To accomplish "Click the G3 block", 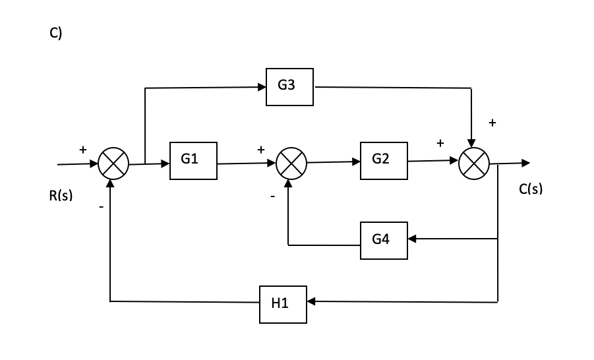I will click(x=289, y=86).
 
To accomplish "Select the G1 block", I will click(x=193, y=160).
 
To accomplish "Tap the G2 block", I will click(x=384, y=160).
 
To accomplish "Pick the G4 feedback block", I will click(x=384, y=241).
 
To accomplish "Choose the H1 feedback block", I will click(x=283, y=304).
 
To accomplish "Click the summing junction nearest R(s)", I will click(x=113, y=164).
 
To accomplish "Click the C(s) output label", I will click(x=531, y=189).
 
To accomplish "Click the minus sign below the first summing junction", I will click(x=101, y=207).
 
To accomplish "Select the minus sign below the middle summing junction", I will click(x=271, y=196).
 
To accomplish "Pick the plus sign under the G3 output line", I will click(x=492, y=123).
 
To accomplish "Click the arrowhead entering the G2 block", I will click(x=356, y=161).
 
